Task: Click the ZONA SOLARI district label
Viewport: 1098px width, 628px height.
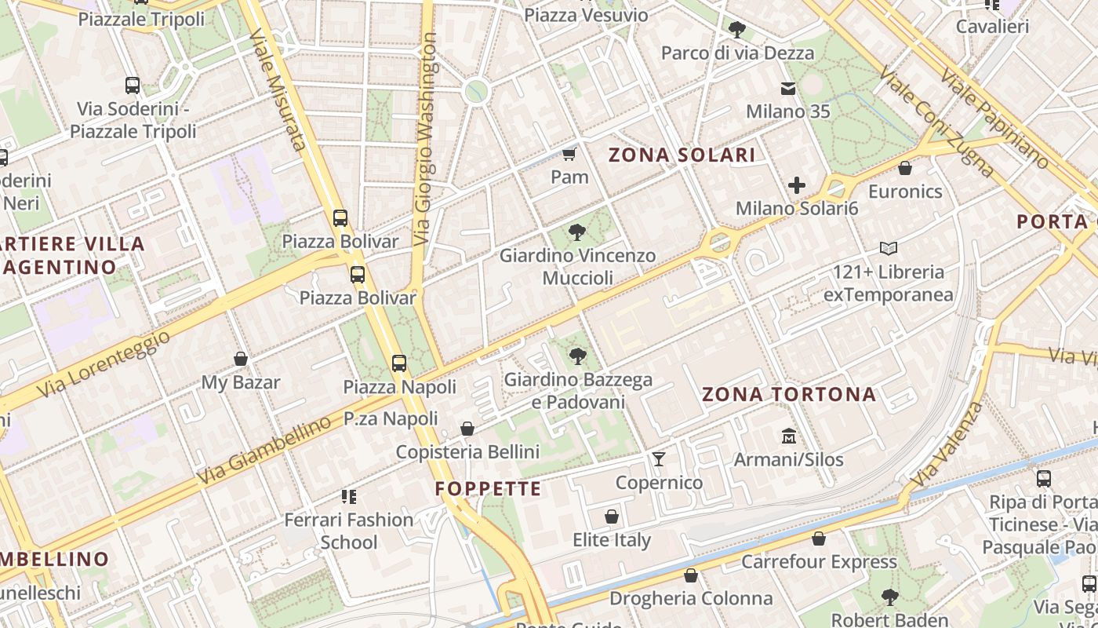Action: point(682,155)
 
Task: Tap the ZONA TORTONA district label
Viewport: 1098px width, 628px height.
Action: point(789,394)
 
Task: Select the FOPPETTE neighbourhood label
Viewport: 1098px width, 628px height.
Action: point(489,489)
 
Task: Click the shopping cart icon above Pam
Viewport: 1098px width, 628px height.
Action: point(569,154)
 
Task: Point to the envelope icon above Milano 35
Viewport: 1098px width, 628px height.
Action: point(787,89)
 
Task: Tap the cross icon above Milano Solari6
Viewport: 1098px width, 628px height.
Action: point(797,185)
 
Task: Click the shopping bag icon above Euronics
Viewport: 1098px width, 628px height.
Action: point(905,168)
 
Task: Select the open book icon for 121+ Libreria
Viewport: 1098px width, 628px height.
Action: point(888,249)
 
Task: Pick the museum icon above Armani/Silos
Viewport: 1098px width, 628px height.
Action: point(788,436)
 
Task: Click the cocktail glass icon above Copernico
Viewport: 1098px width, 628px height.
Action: point(659,458)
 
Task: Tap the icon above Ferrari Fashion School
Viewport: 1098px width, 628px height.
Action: point(349,496)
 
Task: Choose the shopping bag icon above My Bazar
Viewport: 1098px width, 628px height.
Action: point(241,359)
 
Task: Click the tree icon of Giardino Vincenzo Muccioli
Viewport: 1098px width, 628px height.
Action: point(577,232)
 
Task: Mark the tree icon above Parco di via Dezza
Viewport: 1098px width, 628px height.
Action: point(736,30)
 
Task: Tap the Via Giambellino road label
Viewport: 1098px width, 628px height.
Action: point(264,451)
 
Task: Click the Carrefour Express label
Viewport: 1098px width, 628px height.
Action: point(819,561)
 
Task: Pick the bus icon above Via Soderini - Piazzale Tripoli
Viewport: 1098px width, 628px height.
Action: point(133,86)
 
